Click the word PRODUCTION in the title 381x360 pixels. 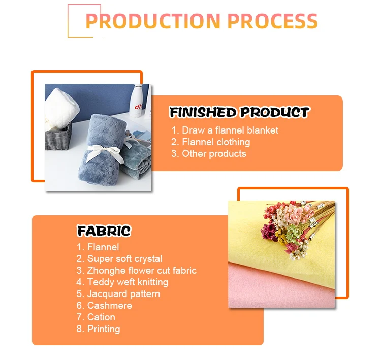tap(153, 21)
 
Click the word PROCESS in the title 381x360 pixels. tap(273, 21)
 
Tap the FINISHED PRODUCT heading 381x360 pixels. tap(239, 112)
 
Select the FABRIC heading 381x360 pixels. tap(104, 231)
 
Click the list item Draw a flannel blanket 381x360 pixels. tap(225, 130)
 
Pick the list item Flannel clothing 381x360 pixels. tap(210, 142)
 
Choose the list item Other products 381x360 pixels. tap(209, 154)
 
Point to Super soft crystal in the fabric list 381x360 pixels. tap(119, 259)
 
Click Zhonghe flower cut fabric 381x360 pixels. tap(136, 271)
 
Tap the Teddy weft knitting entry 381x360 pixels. tap(122, 282)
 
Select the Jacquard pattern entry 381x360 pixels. tap(118, 294)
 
